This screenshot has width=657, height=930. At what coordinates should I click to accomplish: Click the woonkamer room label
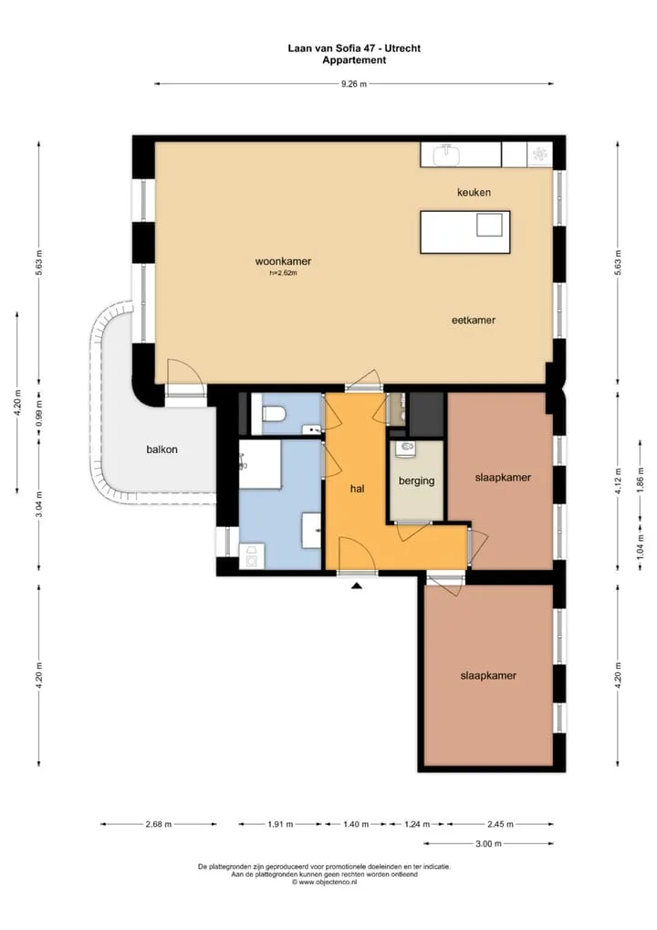tap(283, 261)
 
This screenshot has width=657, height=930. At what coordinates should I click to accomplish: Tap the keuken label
tap(474, 192)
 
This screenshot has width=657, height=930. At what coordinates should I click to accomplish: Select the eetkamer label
tap(474, 321)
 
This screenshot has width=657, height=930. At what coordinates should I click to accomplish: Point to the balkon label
tap(162, 449)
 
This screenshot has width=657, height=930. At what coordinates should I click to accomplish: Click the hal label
tap(357, 489)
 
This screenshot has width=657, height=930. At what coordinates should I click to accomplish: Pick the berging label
tap(416, 481)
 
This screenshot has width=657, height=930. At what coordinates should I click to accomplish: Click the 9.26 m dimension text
tap(354, 84)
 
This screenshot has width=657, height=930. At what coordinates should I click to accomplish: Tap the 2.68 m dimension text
tap(159, 824)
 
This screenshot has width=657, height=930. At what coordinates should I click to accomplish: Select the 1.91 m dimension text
tap(280, 824)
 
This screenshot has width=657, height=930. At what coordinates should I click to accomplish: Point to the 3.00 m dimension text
tap(488, 844)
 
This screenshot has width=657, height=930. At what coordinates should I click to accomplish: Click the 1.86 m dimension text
tap(640, 487)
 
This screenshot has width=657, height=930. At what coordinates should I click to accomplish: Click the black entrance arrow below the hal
tap(357, 586)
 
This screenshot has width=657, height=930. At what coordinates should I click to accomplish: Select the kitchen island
tap(465, 232)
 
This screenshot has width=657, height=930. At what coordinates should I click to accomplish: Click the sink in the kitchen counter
tap(447, 155)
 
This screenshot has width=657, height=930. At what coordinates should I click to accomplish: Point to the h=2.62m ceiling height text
tap(283, 273)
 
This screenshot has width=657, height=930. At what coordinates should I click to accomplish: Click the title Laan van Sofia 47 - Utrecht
tap(354, 48)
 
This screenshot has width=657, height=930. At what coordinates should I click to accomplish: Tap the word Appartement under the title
tap(354, 60)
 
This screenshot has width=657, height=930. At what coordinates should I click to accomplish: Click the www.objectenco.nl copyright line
tap(324, 882)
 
